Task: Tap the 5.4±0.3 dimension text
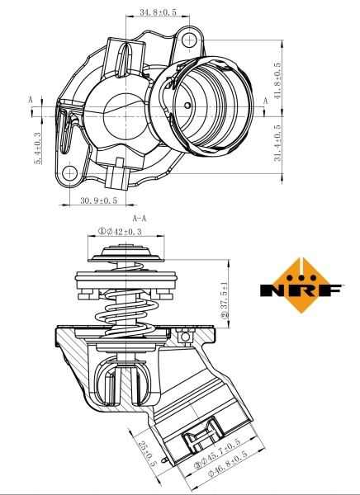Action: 37,148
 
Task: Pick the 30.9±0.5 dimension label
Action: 98,200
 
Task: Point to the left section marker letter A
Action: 31,99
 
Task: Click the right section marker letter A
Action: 265,100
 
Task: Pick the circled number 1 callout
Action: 103,232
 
